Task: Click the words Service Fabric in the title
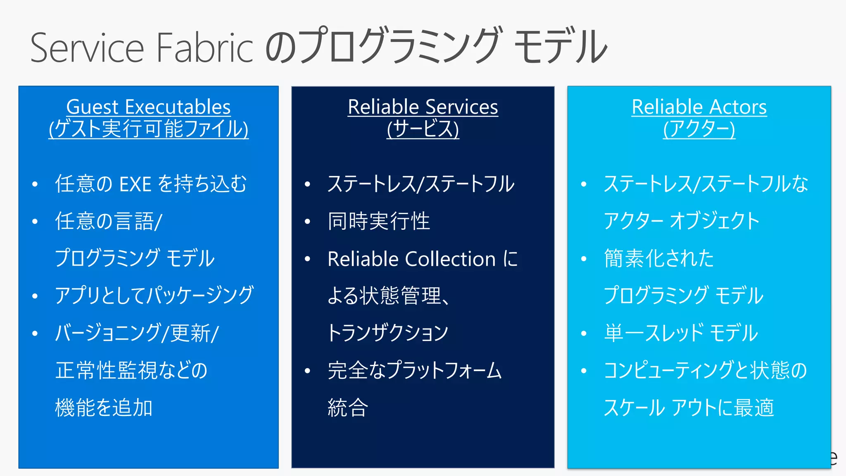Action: tap(141, 48)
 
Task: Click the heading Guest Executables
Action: tap(148, 107)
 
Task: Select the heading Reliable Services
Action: tap(423, 107)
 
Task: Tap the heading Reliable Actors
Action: tap(699, 107)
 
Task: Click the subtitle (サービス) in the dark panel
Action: tap(423, 129)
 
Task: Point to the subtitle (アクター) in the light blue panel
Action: tap(699, 129)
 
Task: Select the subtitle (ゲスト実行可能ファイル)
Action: tap(148, 129)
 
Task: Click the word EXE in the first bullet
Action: tap(135, 184)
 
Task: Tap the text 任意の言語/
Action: tap(109, 221)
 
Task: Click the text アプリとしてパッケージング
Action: tap(154, 296)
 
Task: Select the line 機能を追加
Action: tap(104, 408)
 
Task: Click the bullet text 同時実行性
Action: tap(378, 221)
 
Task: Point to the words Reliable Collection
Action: tap(411, 259)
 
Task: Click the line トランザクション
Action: tap(387, 333)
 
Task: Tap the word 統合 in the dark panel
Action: tap(347, 408)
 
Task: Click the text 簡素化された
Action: tap(658, 259)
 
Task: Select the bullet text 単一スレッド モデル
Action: tap(681, 333)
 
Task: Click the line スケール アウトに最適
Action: tap(688, 408)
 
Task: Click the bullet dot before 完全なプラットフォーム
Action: tap(307, 371)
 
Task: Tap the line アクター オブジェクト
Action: tap(682, 221)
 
